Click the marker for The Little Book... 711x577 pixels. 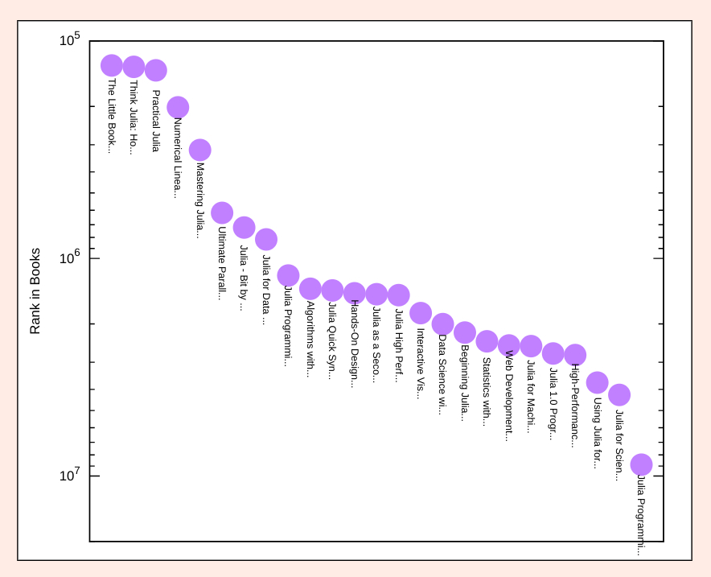click(x=112, y=66)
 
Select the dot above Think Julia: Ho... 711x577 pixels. click(x=134, y=67)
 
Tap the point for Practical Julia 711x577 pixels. click(x=156, y=71)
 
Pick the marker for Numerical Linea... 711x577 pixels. click(x=178, y=108)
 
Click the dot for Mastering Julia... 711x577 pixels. click(x=200, y=150)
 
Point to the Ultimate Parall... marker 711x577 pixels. click(x=222, y=213)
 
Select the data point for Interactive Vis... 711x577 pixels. click(x=421, y=314)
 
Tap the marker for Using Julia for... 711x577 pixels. click(x=598, y=383)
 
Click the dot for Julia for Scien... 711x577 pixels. click(x=619, y=395)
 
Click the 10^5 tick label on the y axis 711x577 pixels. click(x=69, y=40)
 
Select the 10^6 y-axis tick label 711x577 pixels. click(x=69, y=258)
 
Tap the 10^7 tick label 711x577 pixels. click(x=69, y=476)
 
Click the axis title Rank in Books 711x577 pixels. click(x=35, y=291)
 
